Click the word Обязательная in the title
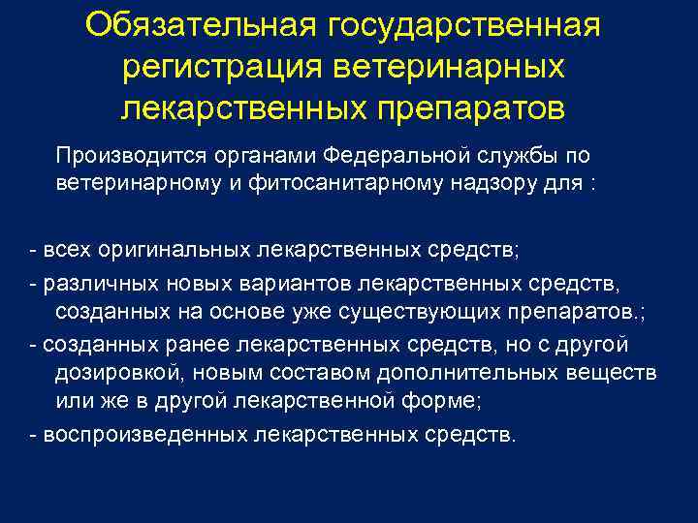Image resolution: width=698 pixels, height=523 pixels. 201,26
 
